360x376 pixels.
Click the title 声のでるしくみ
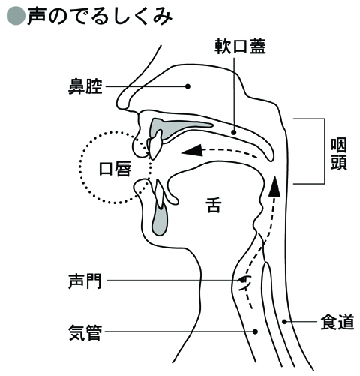(100, 17)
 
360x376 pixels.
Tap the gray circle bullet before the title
(16, 17)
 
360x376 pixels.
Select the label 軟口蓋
(240, 47)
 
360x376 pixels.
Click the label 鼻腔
(85, 86)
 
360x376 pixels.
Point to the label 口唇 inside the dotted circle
(115, 169)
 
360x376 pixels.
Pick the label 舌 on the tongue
(214, 205)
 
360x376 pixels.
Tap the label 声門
(85, 281)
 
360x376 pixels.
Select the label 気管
(85, 332)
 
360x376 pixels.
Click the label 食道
(337, 322)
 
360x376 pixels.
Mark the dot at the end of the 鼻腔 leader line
(187, 86)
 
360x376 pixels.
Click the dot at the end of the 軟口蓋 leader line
(234, 132)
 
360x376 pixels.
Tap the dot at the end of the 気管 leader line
(255, 332)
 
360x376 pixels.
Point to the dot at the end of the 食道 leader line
(284, 322)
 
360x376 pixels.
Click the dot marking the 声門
(242, 280)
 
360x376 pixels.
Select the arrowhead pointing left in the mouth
(192, 150)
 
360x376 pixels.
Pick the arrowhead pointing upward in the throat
(274, 186)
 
